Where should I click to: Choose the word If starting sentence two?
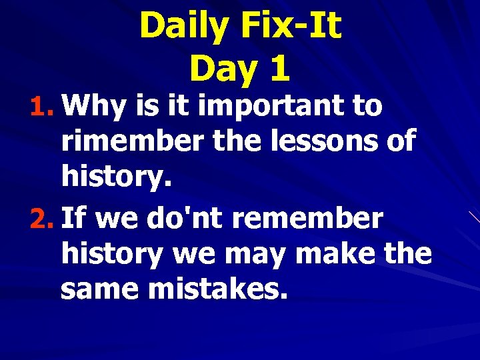[75, 218]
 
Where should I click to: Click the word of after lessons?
[399, 141]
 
